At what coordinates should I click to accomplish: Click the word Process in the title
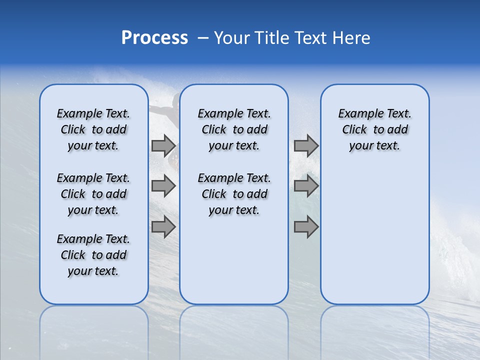154,38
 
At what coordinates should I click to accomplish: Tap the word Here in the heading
352,38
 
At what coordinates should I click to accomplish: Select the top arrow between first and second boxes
163,145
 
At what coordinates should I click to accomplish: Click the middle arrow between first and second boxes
163,186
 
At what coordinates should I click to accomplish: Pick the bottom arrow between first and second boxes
163,227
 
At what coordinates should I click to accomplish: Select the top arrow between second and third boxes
306,145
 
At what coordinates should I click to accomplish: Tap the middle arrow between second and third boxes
306,186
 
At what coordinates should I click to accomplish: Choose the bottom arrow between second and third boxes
306,227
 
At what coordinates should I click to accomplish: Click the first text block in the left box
93,129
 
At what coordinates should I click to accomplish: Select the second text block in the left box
93,194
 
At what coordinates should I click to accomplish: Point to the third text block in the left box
93,255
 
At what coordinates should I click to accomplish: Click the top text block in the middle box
234,129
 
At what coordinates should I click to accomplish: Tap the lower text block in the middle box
234,194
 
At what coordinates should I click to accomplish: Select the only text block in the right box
374,129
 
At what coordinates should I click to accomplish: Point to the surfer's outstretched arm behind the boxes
161,108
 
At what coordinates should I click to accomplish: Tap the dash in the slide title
203,38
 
